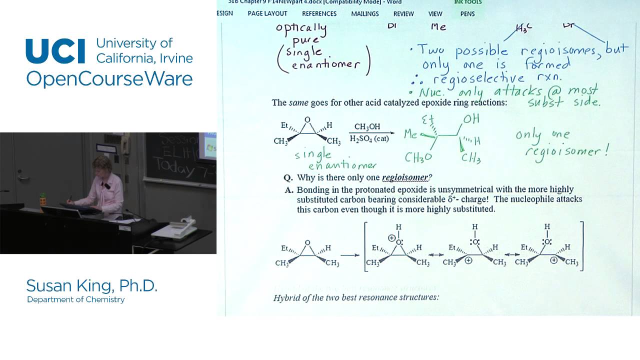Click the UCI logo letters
click(55, 51)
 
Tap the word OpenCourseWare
click(109, 78)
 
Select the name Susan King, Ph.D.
click(91, 286)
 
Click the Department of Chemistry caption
click(75, 299)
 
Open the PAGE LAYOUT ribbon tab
click(267, 13)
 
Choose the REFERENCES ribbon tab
click(319, 13)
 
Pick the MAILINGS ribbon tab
click(365, 13)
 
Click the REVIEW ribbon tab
click(403, 13)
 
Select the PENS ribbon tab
click(467, 13)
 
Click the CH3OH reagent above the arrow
click(367, 127)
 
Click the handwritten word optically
click(301, 28)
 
